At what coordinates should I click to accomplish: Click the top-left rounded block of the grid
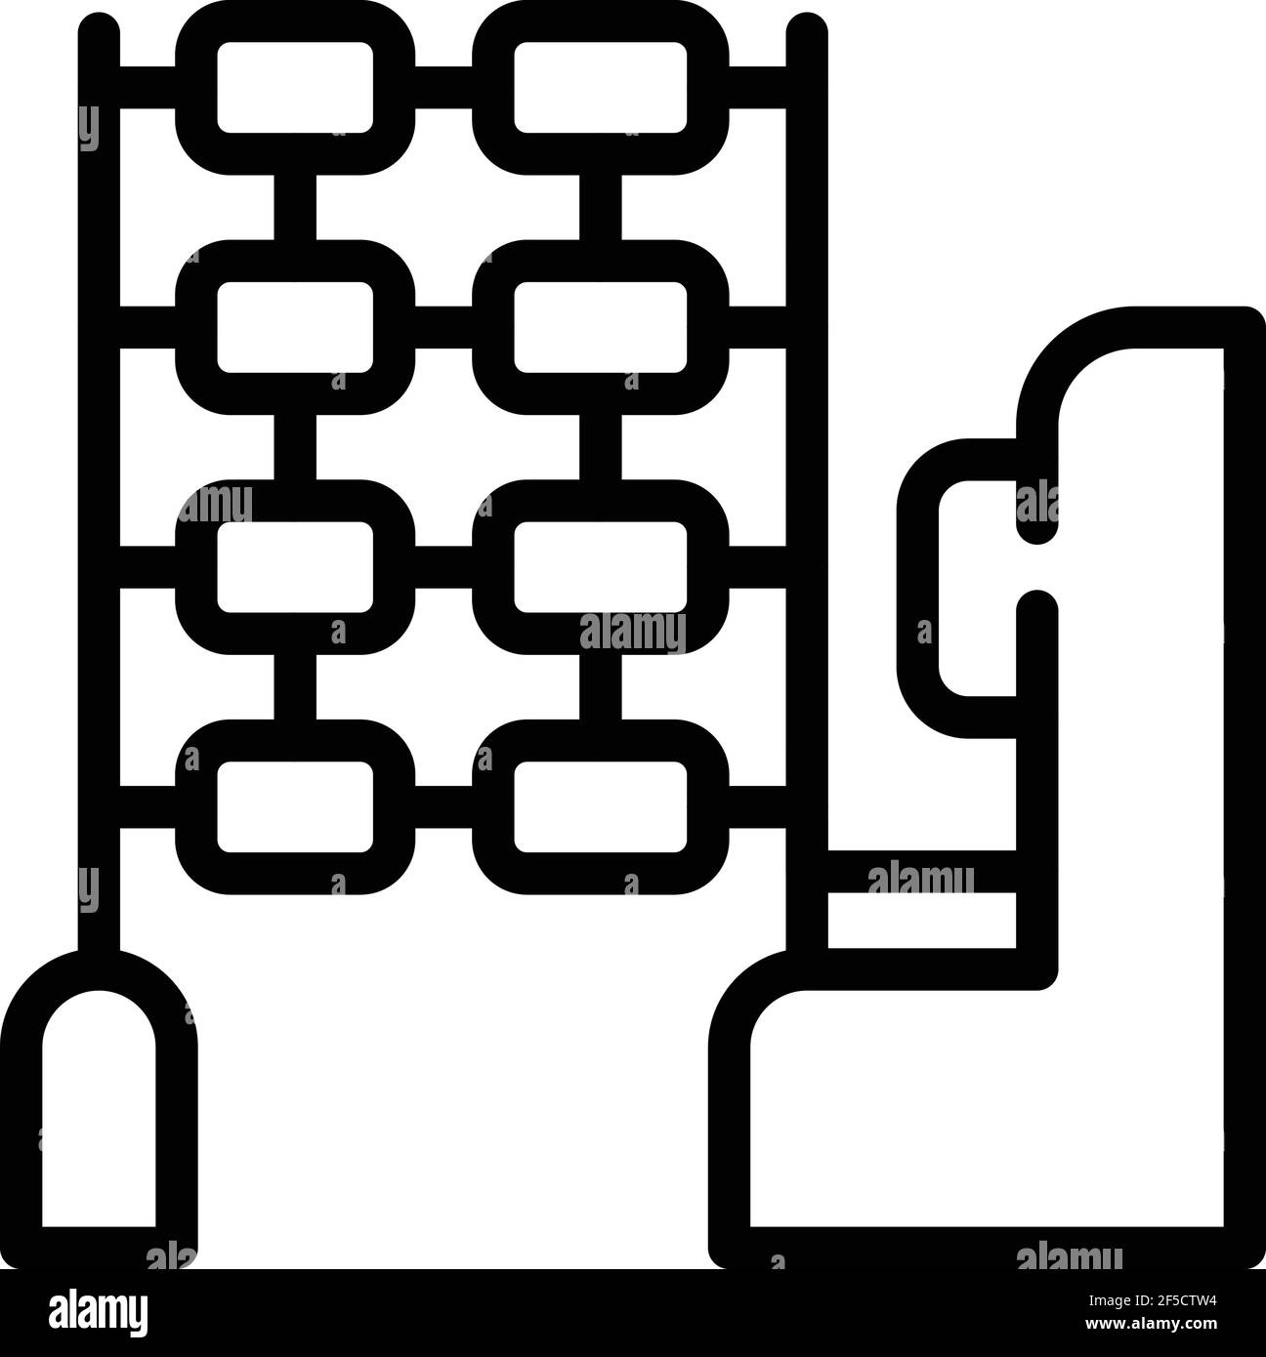click(x=295, y=87)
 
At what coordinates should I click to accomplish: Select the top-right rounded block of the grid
click(x=600, y=87)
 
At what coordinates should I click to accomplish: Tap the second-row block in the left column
click(x=295, y=326)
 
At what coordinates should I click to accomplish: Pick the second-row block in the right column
click(x=600, y=326)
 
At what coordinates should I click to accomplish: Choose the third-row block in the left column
click(x=295, y=566)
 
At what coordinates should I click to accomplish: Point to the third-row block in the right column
click(x=600, y=566)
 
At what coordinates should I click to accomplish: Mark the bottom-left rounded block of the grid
click(x=295, y=805)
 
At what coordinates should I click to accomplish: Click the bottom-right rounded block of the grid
click(x=600, y=805)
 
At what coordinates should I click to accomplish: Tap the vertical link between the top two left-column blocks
click(x=295, y=206)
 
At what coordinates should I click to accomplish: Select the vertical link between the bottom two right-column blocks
click(x=600, y=686)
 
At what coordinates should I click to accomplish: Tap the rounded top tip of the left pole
click(x=99, y=29)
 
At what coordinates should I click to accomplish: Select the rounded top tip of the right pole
click(x=807, y=29)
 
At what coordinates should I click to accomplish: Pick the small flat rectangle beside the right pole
click(x=921, y=920)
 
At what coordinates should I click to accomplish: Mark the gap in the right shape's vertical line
click(x=1037, y=566)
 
